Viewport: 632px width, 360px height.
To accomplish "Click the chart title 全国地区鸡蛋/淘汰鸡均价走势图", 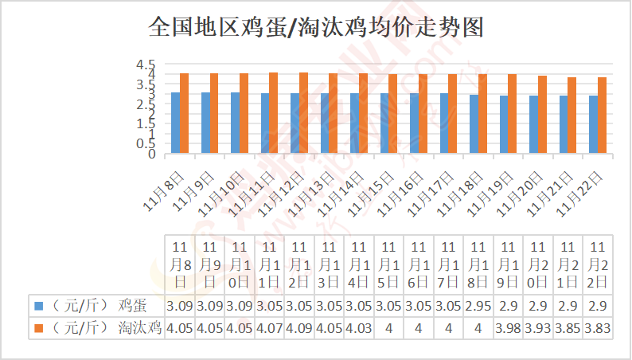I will pyautogui.click(x=316, y=28).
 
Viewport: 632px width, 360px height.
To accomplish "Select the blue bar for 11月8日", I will pyautogui.click(x=175, y=123).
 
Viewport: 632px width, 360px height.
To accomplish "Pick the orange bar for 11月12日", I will pyautogui.click(x=304, y=112).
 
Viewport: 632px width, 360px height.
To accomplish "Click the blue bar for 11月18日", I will pyautogui.click(x=474, y=124).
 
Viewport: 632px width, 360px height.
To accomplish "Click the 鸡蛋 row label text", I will pyautogui.click(x=132, y=305).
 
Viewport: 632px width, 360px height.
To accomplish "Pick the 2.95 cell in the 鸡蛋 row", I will pyautogui.click(x=478, y=305).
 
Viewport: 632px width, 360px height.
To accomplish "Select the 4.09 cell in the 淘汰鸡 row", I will pyautogui.click(x=299, y=327).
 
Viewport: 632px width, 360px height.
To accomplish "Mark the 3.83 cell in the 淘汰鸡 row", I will pyautogui.click(x=598, y=327).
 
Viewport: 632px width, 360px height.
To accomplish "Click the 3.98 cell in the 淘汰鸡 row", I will pyautogui.click(x=508, y=327).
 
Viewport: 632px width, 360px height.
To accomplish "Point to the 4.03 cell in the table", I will pyautogui.click(x=359, y=327).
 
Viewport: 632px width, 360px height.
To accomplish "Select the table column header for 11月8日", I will pyautogui.click(x=180, y=264).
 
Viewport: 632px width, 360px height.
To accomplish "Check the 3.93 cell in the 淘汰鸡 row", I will pyautogui.click(x=538, y=327).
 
